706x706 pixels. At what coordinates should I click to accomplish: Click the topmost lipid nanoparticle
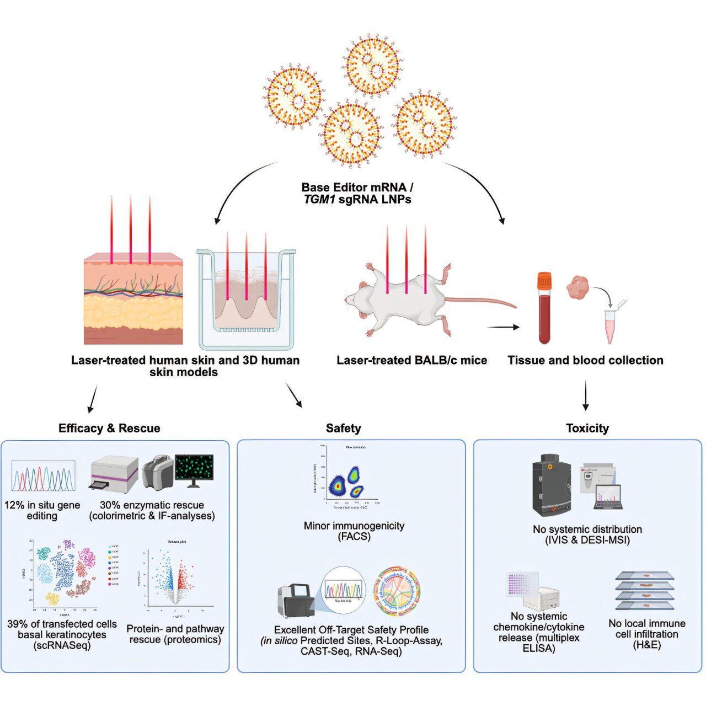point(373,64)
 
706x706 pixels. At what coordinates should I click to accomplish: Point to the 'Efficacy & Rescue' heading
point(109,428)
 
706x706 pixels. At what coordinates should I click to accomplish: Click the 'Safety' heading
point(343,428)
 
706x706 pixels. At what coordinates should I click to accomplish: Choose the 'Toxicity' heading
point(587,428)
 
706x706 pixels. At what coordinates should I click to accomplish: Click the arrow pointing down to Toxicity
point(586,395)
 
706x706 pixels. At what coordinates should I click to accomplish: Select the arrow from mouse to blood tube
point(503,327)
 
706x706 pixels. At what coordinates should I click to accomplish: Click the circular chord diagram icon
point(397,591)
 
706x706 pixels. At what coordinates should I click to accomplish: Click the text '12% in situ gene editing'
point(42,510)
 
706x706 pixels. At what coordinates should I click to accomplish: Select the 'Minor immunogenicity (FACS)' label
point(354,531)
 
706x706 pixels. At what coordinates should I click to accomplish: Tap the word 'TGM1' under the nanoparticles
point(319,200)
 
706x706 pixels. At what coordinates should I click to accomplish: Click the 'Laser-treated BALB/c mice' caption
point(411,360)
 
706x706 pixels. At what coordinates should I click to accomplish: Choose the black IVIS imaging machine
point(551,484)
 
